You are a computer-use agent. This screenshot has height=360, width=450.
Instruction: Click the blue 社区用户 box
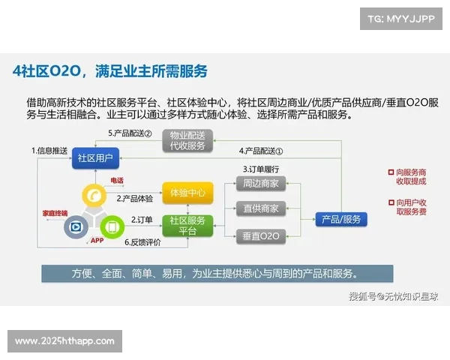click(x=96, y=158)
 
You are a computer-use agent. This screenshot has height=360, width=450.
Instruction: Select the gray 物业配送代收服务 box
click(x=187, y=140)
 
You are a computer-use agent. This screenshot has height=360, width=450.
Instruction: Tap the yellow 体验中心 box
click(x=187, y=193)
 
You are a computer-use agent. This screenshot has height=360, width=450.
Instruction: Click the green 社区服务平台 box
click(x=187, y=225)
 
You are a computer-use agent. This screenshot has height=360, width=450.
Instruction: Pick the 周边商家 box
click(x=261, y=183)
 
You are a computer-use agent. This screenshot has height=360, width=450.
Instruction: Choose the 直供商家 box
click(x=261, y=208)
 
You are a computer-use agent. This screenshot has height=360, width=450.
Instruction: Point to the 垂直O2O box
click(x=261, y=236)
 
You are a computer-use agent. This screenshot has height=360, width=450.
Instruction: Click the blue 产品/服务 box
click(x=340, y=219)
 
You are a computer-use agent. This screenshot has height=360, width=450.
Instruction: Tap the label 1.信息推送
click(x=49, y=151)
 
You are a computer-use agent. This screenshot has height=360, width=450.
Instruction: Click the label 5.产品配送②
click(x=130, y=133)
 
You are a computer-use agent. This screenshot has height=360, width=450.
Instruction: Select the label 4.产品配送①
click(x=261, y=151)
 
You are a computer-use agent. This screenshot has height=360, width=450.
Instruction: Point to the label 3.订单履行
click(x=261, y=169)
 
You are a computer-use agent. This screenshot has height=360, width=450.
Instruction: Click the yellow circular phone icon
click(x=95, y=195)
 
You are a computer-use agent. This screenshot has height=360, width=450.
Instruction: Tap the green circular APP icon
click(x=110, y=225)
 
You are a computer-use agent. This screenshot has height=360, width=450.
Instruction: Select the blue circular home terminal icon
click(x=76, y=227)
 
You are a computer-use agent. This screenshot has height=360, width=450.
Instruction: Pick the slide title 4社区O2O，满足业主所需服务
click(x=110, y=72)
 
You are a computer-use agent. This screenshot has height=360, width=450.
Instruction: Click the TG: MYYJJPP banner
click(x=400, y=18)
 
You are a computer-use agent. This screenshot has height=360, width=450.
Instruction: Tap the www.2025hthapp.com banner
click(x=65, y=341)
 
